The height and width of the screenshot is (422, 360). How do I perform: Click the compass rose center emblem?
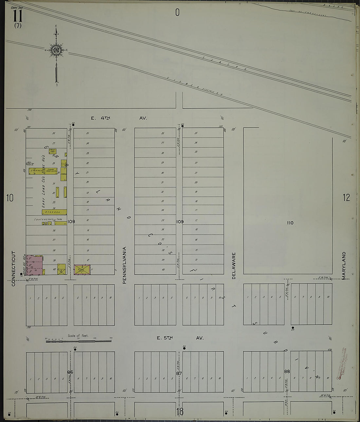pos(56,50)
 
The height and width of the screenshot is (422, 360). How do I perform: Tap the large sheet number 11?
pos(18,15)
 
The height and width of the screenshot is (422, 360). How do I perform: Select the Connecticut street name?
pos(13,268)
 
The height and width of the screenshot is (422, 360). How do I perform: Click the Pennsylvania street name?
pos(124,265)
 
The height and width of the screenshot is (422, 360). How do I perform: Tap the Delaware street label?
pos(234,265)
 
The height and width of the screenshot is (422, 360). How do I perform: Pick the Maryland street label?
pos(344,265)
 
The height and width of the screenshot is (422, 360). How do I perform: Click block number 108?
pos(71,222)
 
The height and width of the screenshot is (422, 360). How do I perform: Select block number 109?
pos(180,222)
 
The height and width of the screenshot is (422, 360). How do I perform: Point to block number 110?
pos(290,223)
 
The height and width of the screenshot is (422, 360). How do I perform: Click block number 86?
pos(70,372)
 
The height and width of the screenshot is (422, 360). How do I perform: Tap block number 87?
pos(179,373)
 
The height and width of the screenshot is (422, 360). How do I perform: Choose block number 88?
pos(287,371)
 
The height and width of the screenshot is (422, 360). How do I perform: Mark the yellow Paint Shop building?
pos(52,151)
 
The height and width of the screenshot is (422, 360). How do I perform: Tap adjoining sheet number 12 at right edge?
pos(346,197)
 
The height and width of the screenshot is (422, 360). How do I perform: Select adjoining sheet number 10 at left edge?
pos(10,198)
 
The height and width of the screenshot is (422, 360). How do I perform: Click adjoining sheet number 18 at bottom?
pos(180,412)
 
